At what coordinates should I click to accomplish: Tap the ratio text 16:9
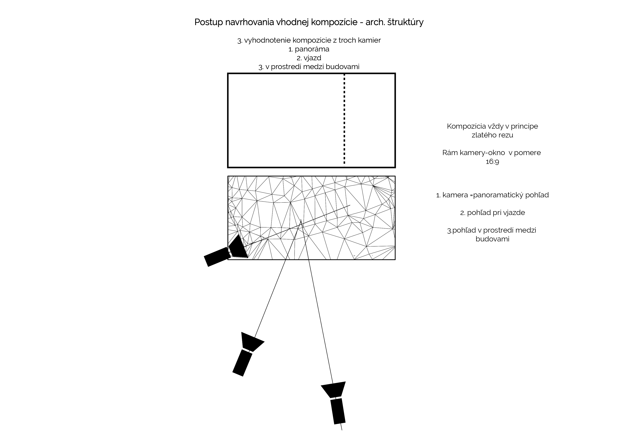[x=492, y=162]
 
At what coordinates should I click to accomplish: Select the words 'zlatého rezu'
[x=492, y=135]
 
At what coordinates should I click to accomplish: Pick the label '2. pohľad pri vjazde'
[x=492, y=213]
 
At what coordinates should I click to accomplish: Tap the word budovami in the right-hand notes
[x=492, y=239]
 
